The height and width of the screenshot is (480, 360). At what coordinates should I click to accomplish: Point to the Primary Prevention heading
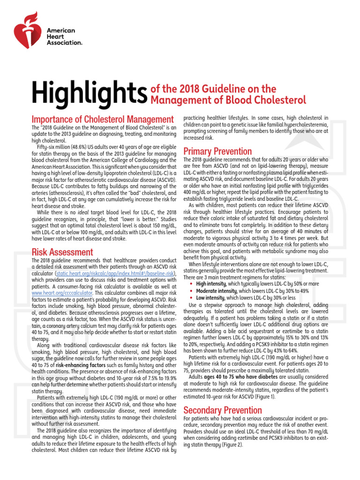217,151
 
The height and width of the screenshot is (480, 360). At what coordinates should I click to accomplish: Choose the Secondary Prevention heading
222,410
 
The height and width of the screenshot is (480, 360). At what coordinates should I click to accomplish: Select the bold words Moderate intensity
216,291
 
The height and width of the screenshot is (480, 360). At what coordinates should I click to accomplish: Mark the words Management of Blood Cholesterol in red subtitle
228,99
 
